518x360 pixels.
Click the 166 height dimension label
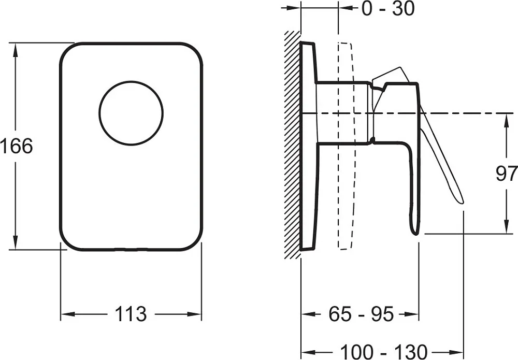[x=17, y=146]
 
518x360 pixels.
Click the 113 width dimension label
[x=131, y=314]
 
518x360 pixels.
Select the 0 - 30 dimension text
[x=388, y=9]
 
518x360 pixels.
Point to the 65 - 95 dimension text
[x=361, y=314]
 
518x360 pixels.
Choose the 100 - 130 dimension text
[x=383, y=352]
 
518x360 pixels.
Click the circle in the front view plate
[x=131, y=113]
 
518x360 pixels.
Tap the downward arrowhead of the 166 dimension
[x=15, y=242]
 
